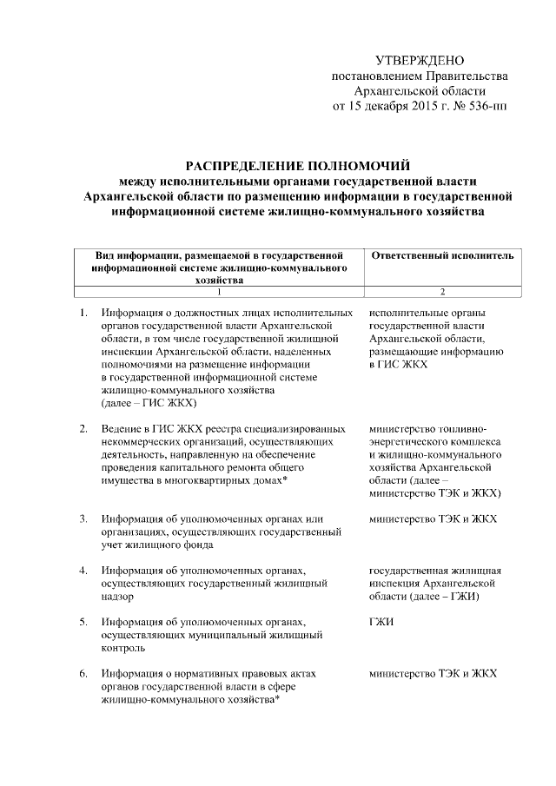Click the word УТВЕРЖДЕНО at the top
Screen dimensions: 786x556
[420, 60]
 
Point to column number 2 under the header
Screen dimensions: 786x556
[442, 291]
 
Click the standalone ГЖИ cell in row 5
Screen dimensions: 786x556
[381, 623]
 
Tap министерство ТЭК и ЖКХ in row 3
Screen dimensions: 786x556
[433, 519]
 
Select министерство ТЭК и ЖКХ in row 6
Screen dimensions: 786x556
[433, 674]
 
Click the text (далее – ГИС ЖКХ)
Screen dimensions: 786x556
[149, 403]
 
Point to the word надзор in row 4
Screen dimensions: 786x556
[118, 597]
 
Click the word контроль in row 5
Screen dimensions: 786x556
[122, 648]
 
